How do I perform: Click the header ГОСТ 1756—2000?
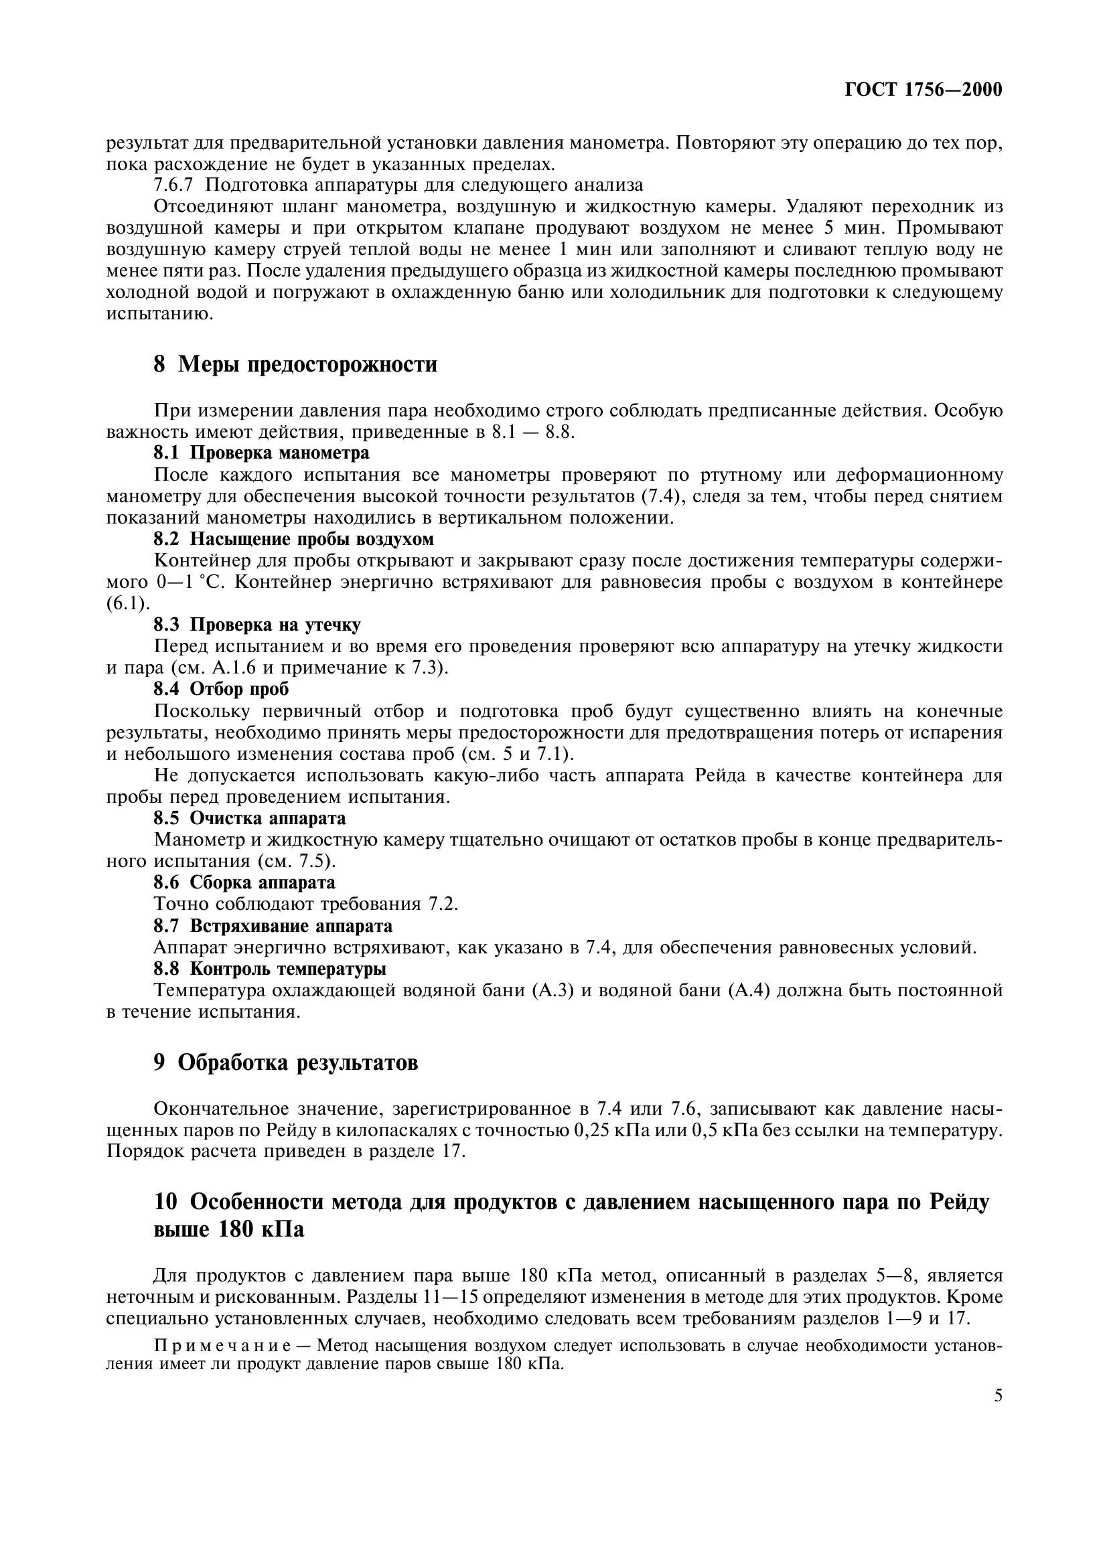[923, 90]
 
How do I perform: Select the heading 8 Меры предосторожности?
[295, 365]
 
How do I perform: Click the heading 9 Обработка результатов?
[286, 1063]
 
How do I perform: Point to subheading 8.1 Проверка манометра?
[261, 453]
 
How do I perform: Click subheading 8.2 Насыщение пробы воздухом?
[293, 539]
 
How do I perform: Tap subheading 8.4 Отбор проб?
[221, 690]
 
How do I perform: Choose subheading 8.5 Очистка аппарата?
[250, 817]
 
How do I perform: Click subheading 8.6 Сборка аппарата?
[244, 882]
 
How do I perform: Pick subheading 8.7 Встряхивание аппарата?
[273, 926]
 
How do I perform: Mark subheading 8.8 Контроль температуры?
[270, 969]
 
